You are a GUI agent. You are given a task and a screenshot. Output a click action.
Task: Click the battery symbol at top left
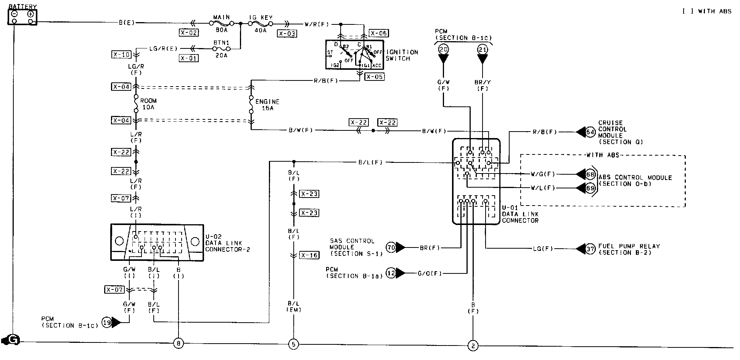(x=23, y=17)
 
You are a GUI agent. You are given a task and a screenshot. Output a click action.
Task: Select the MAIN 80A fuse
(x=222, y=23)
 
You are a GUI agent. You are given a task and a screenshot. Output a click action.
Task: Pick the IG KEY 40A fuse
(x=261, y=23)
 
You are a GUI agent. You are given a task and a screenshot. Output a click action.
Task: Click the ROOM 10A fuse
(x=136, y=104)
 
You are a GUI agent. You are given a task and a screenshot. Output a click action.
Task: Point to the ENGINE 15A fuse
(x=251, y=104)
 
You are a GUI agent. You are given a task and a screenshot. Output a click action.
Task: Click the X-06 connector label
(x=378, y=33)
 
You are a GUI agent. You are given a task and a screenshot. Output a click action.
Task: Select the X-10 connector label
(x=121, y=55)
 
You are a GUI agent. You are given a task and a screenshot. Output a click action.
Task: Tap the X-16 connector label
(x=309, y=255)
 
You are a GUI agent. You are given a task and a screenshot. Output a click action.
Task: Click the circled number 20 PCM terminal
(x=443, y=49)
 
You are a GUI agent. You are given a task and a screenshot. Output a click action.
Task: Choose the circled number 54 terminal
(x=590, y=132)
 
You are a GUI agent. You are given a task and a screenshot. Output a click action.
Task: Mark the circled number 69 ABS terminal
(x=590, y=188)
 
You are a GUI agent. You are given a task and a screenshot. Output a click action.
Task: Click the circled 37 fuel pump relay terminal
(x=590, y=249)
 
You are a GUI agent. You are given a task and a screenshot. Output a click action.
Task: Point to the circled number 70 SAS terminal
(x=391, y=247)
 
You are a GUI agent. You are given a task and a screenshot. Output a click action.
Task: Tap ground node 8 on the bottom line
(x=178, y=344)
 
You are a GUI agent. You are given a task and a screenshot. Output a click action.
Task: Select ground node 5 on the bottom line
(x=293, y=344)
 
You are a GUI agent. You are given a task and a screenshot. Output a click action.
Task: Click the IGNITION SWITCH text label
(x=402, y=55)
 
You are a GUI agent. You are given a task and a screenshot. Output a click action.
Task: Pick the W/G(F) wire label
(x=542, y=174)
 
